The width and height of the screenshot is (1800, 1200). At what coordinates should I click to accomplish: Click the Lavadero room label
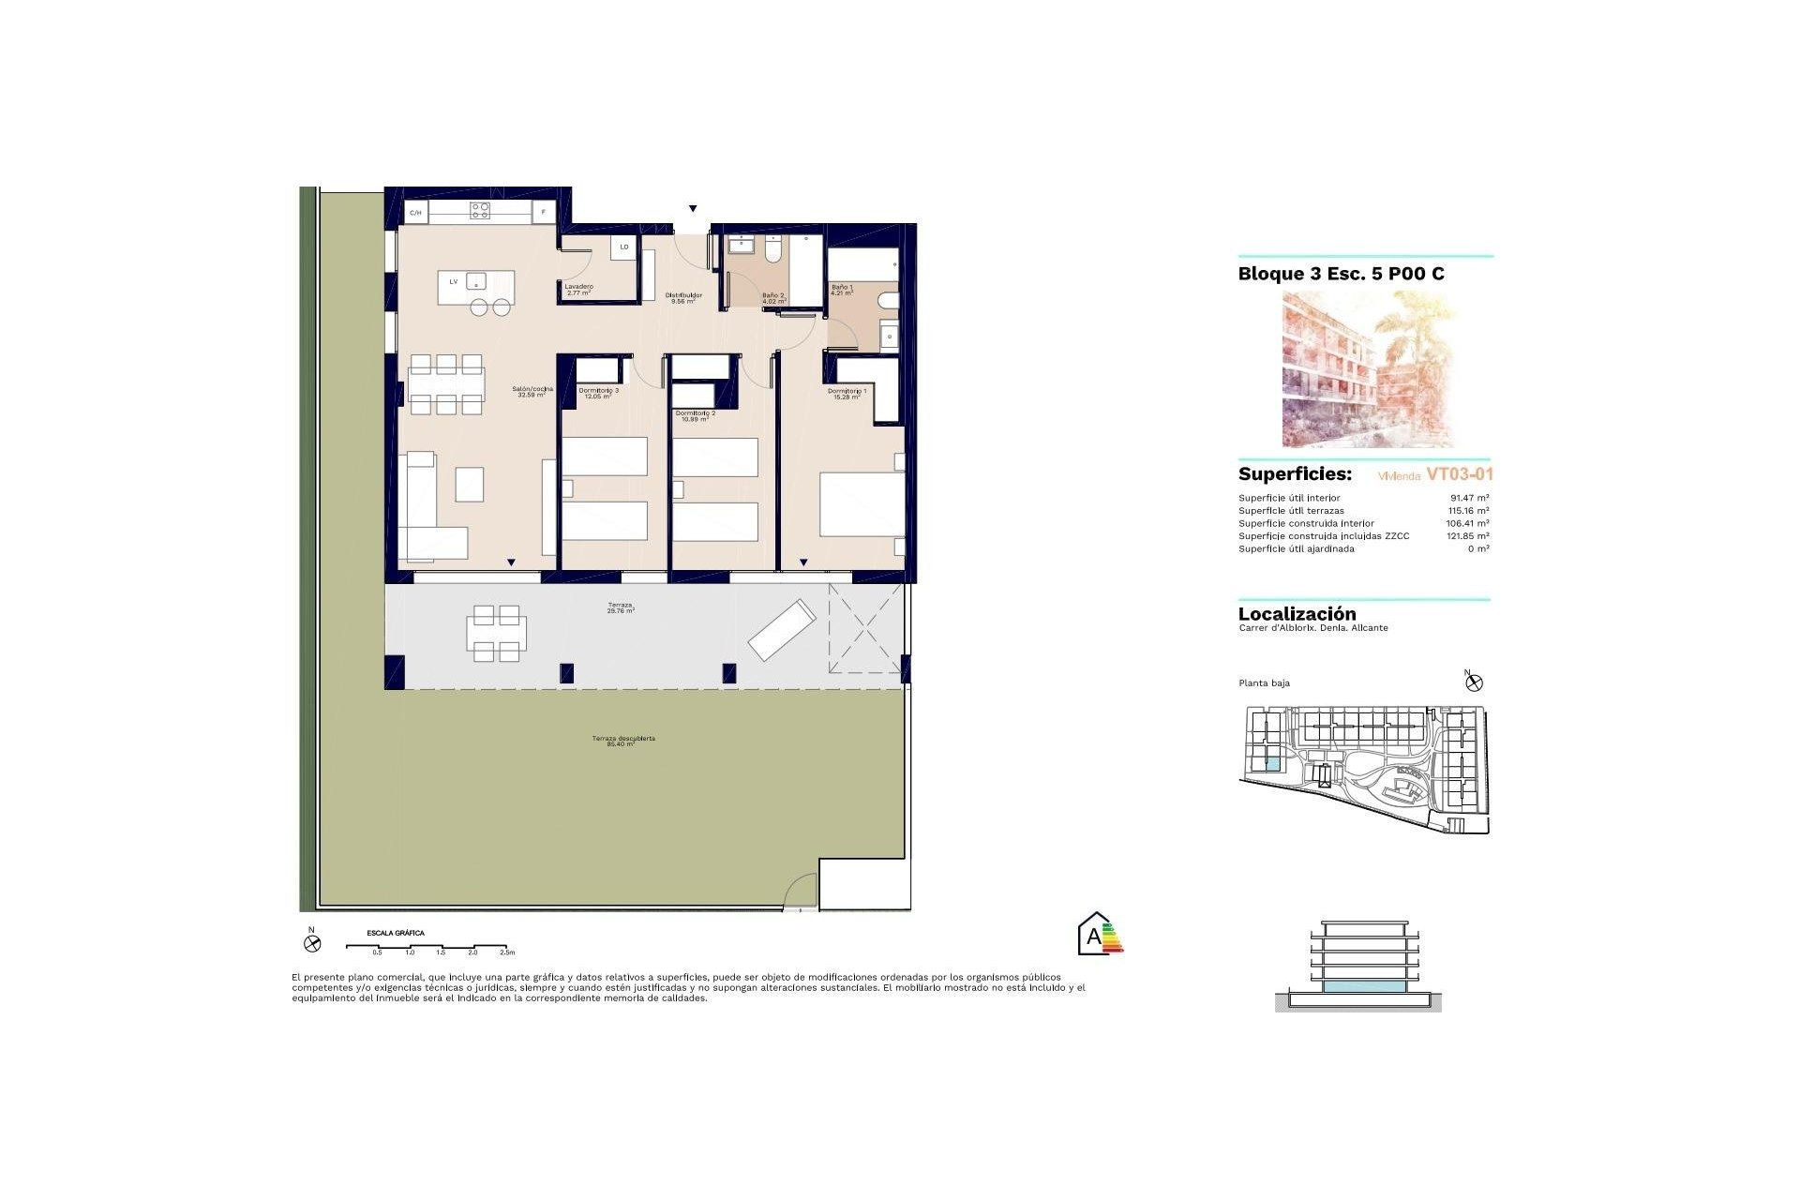pos(578,289)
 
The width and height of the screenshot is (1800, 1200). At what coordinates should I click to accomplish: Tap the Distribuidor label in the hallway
pos(683,297)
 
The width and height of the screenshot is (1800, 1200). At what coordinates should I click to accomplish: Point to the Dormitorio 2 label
pos(695,415)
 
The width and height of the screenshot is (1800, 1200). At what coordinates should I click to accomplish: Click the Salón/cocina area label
pos(532,391)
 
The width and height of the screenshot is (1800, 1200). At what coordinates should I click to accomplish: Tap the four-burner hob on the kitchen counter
pos(479,210)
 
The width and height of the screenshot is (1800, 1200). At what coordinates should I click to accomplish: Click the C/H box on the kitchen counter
pos(415,213)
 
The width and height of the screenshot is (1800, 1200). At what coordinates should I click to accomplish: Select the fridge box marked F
pos(544,213)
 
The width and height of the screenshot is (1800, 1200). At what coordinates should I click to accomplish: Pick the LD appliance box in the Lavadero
pos(623,247)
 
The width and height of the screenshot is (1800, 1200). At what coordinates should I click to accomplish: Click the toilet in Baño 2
pos(772,250)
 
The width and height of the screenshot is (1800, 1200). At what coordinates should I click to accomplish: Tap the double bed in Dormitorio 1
pos(861,503)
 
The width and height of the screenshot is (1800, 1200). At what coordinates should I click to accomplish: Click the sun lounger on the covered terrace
pos(781,630)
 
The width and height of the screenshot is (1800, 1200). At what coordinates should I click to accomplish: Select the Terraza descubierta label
pos(622,741)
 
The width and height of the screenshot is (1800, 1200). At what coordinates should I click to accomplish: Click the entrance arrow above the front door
pos(693,209)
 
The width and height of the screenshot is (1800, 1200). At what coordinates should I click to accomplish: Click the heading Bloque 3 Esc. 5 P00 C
pos(1341,274)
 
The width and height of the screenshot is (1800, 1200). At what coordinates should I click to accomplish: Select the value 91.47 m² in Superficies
pos(1469,498)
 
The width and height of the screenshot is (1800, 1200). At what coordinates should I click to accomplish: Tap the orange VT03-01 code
pos(1459,474)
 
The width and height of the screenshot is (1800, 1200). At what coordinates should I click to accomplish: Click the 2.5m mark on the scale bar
pos(507,952)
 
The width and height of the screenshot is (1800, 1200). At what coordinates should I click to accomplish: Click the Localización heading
pos(1297,614)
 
